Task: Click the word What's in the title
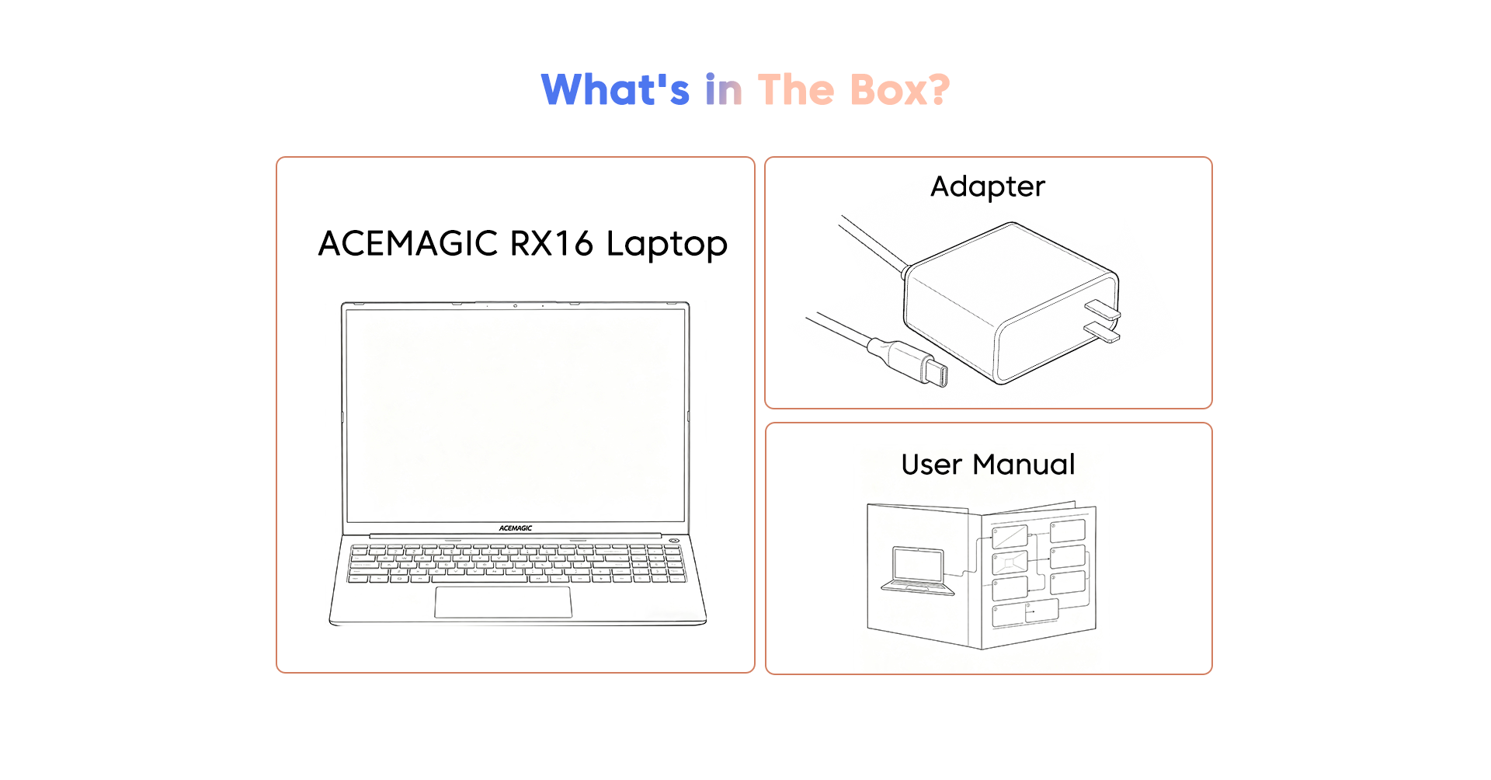615,89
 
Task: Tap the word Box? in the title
900,89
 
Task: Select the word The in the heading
796,89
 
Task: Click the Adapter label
988,187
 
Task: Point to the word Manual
1024,465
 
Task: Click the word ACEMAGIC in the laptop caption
408,243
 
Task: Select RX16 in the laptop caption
551,243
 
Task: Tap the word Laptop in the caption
667,245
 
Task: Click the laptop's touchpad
503,602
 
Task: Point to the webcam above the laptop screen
515,306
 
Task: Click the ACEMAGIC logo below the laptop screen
516,528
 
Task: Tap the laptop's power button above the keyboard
673,541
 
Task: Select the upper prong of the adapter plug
1103,309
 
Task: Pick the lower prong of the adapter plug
1103,332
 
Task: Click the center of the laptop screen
516,416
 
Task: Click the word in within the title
724,89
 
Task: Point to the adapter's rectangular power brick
1010,303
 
